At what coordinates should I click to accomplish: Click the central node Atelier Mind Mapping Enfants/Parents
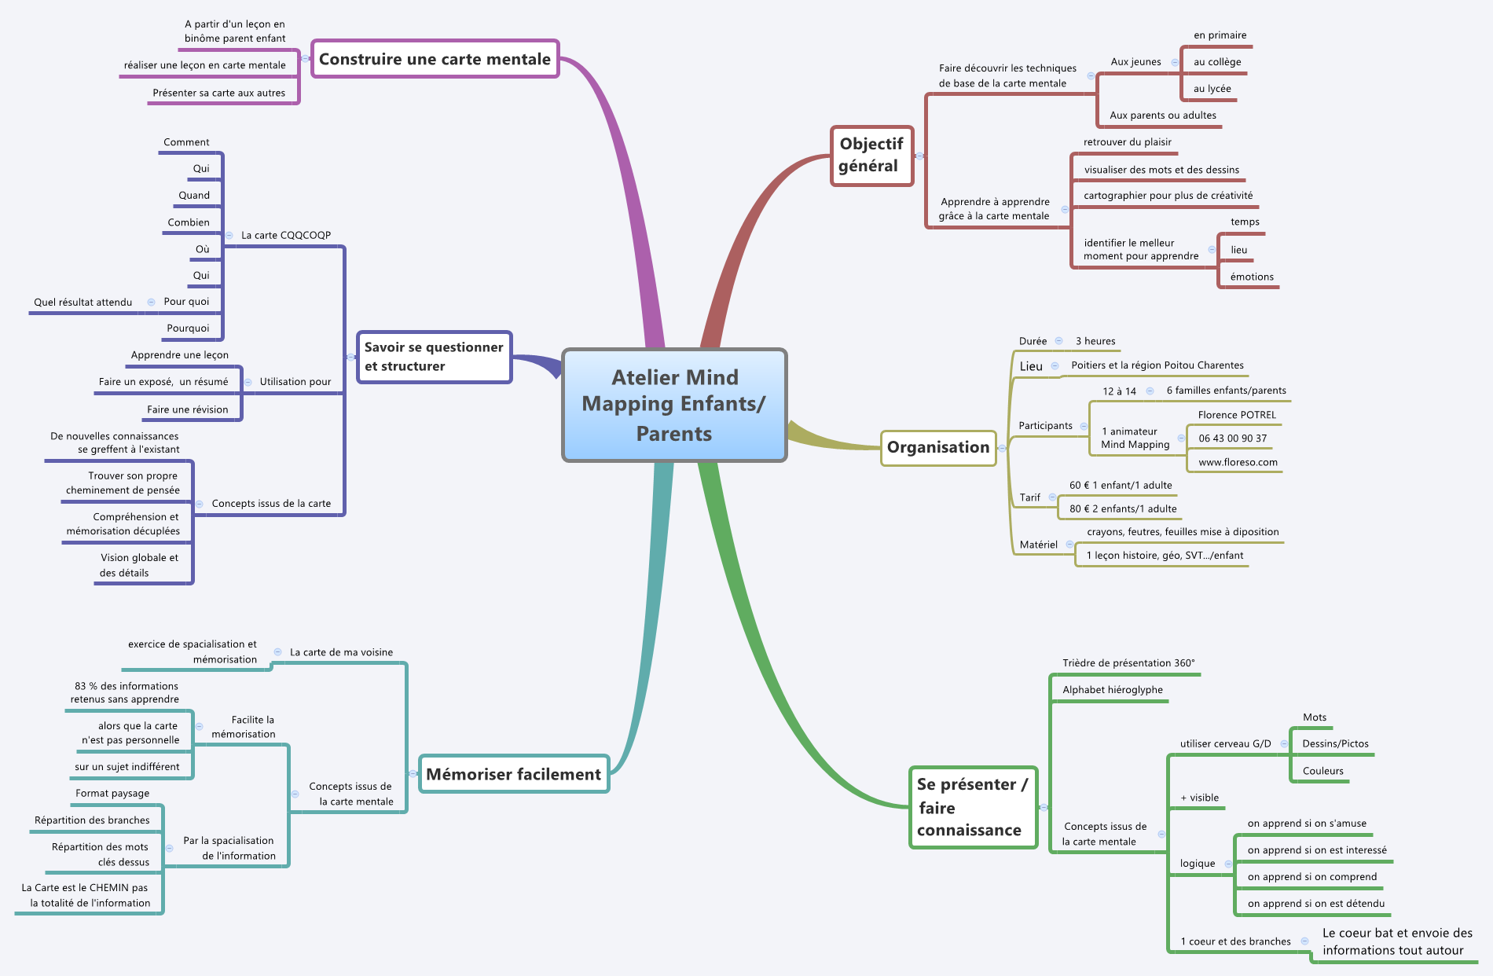click(x=674, y=405)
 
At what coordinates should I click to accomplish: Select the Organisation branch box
click(x=938, y=447)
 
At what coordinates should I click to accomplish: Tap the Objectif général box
click(x=871, y=155)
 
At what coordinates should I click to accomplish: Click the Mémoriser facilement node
click(x=514, y=774)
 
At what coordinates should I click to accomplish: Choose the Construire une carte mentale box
click(x=435, y=59)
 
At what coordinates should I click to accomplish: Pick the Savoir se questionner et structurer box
click(x=434, y=357)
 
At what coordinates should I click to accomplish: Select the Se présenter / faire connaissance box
click(x=972, y=807)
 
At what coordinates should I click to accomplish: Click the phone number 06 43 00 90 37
click(x=1232, y=438)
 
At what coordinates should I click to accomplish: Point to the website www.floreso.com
click(x=1238, y=462)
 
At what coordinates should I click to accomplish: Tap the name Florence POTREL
click(x=1237, y=415)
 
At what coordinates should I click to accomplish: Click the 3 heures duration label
click(x=1095, y=341)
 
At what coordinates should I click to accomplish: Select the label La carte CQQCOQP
click(x=286, y=235)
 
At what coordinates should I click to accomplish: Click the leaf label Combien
click(x=189, y=222)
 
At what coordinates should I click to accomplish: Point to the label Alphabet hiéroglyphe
click(x=1113, y=690)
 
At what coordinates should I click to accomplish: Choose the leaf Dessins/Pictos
click(x=1335, y=744)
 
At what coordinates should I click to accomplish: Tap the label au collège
click(x=1217, y=62)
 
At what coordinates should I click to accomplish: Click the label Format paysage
click(x=112, y=794)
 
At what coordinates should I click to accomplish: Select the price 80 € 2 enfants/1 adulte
click(x=1123, y=509)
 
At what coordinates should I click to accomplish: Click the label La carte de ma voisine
click(x=341, y=652)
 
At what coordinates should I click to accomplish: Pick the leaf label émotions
click(x=1252, y=277)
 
